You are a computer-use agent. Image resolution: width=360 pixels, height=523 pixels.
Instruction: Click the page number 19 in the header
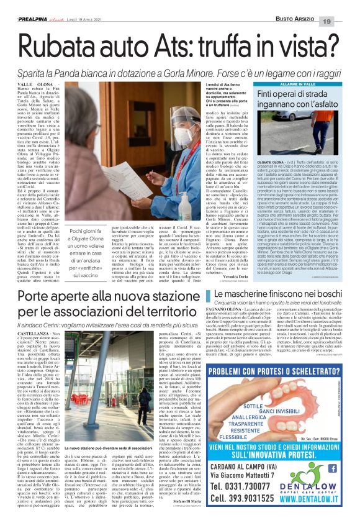click(x=343, y=6)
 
